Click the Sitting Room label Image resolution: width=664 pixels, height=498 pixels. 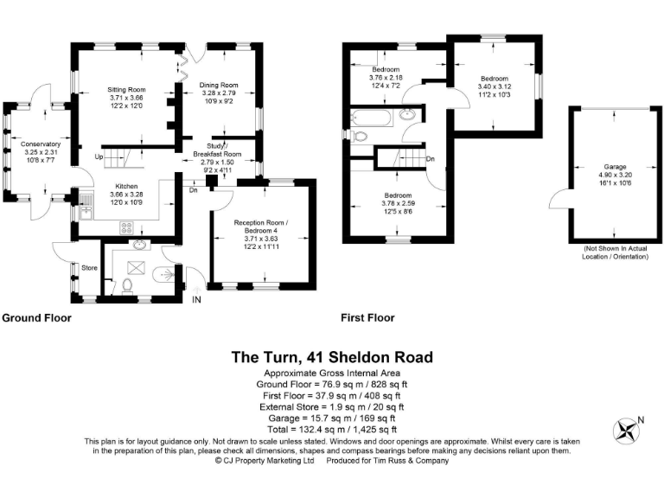point(126,89)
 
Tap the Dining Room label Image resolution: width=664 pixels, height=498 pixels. point(219,85)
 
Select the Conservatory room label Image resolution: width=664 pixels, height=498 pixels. point(41,144)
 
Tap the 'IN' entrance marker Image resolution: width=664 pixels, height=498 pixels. point(196,299)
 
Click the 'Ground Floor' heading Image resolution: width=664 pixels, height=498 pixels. point(36,318)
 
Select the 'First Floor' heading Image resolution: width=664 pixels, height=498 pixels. point(368,318)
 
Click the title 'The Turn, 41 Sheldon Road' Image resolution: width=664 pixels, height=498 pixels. point(332,357)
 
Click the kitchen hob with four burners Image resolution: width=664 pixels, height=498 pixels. point(124,229)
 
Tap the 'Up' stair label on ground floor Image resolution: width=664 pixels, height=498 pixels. point(99,156)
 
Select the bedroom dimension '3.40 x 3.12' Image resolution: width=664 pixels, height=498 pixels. point(495,86)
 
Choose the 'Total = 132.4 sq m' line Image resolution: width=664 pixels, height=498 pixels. point(332,428)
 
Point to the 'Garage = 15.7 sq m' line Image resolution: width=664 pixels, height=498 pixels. point(332,417)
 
